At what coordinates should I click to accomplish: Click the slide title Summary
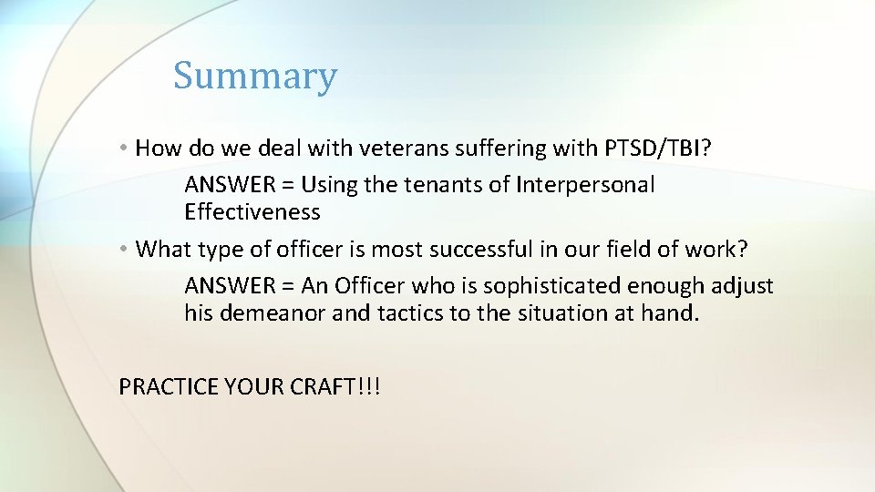(x=255, y=76)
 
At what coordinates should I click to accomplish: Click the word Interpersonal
(x=585, y=185)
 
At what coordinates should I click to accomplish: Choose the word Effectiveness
(x=252, y=212)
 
